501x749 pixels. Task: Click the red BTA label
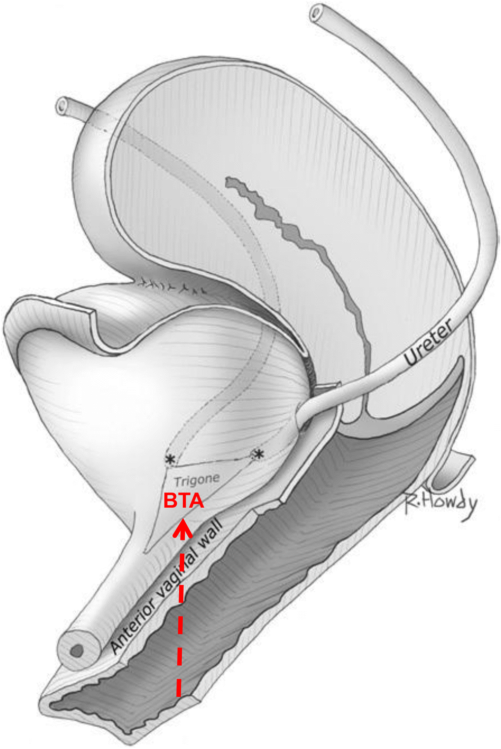click(184, 501)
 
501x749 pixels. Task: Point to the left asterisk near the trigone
click(170, 460)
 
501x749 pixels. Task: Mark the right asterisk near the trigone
click(258, 454)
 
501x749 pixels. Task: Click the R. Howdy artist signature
click(441, 504)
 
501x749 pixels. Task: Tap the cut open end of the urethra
click(77, 650)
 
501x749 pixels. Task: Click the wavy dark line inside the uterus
click(299, 243)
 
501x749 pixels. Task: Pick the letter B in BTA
click(170, 501)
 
